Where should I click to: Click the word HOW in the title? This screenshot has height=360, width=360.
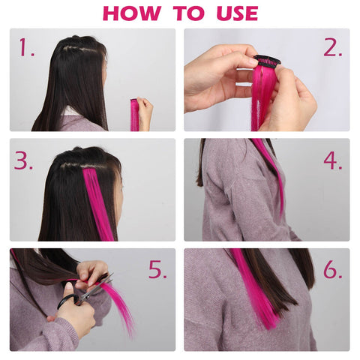[x=132, y=13]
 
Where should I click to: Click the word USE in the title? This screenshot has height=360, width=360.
[x=237, y=13]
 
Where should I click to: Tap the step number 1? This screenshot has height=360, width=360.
[x=26, y=47]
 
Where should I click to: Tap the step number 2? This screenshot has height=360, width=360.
[x=333, y=47]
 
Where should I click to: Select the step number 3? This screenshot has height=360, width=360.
[x=23, y=160]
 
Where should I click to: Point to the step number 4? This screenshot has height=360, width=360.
[x=333, y=160]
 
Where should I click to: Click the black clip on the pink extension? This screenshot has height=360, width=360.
[x=267, y=61]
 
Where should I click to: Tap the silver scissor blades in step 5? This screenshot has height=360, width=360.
[x=96, y=289]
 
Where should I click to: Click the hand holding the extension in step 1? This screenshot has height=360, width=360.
[x=145, y=113]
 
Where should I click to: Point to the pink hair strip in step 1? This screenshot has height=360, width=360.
[x=133, y=115]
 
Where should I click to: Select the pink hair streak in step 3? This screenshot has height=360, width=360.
[x=98, y=204]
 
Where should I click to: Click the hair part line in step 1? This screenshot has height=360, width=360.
[x=79, y=49]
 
